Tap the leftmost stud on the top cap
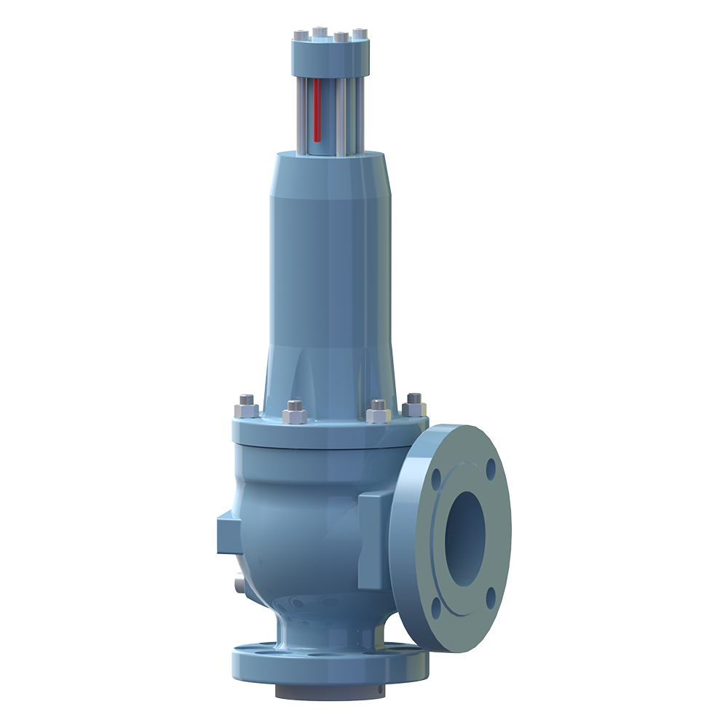pos(299,36)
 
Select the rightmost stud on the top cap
pos(360,34)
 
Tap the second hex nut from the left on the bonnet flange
pos(295,413)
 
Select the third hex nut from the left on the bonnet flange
pos(378,412)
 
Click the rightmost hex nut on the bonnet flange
pos(414,404)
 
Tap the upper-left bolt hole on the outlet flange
pos(436,479)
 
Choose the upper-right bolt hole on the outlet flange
pos(491,467)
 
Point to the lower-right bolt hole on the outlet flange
pos(491,597)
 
